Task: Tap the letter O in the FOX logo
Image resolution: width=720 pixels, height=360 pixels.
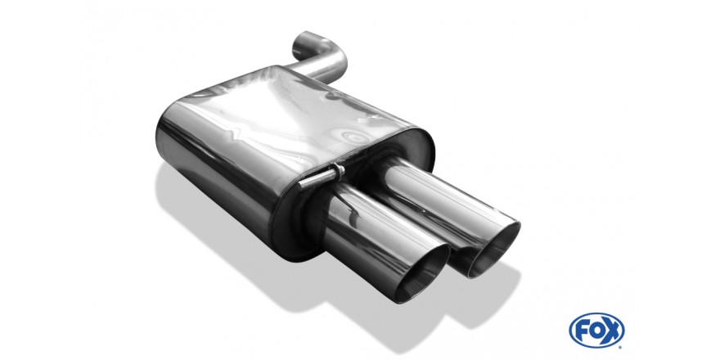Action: point(596,331)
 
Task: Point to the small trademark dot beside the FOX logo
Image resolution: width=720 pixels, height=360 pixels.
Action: point(620,347)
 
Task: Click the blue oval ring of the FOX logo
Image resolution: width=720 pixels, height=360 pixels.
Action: point(596,314)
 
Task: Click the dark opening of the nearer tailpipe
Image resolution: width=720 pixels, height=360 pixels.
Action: point(422,275)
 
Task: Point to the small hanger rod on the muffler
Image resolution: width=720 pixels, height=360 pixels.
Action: point(322,177)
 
